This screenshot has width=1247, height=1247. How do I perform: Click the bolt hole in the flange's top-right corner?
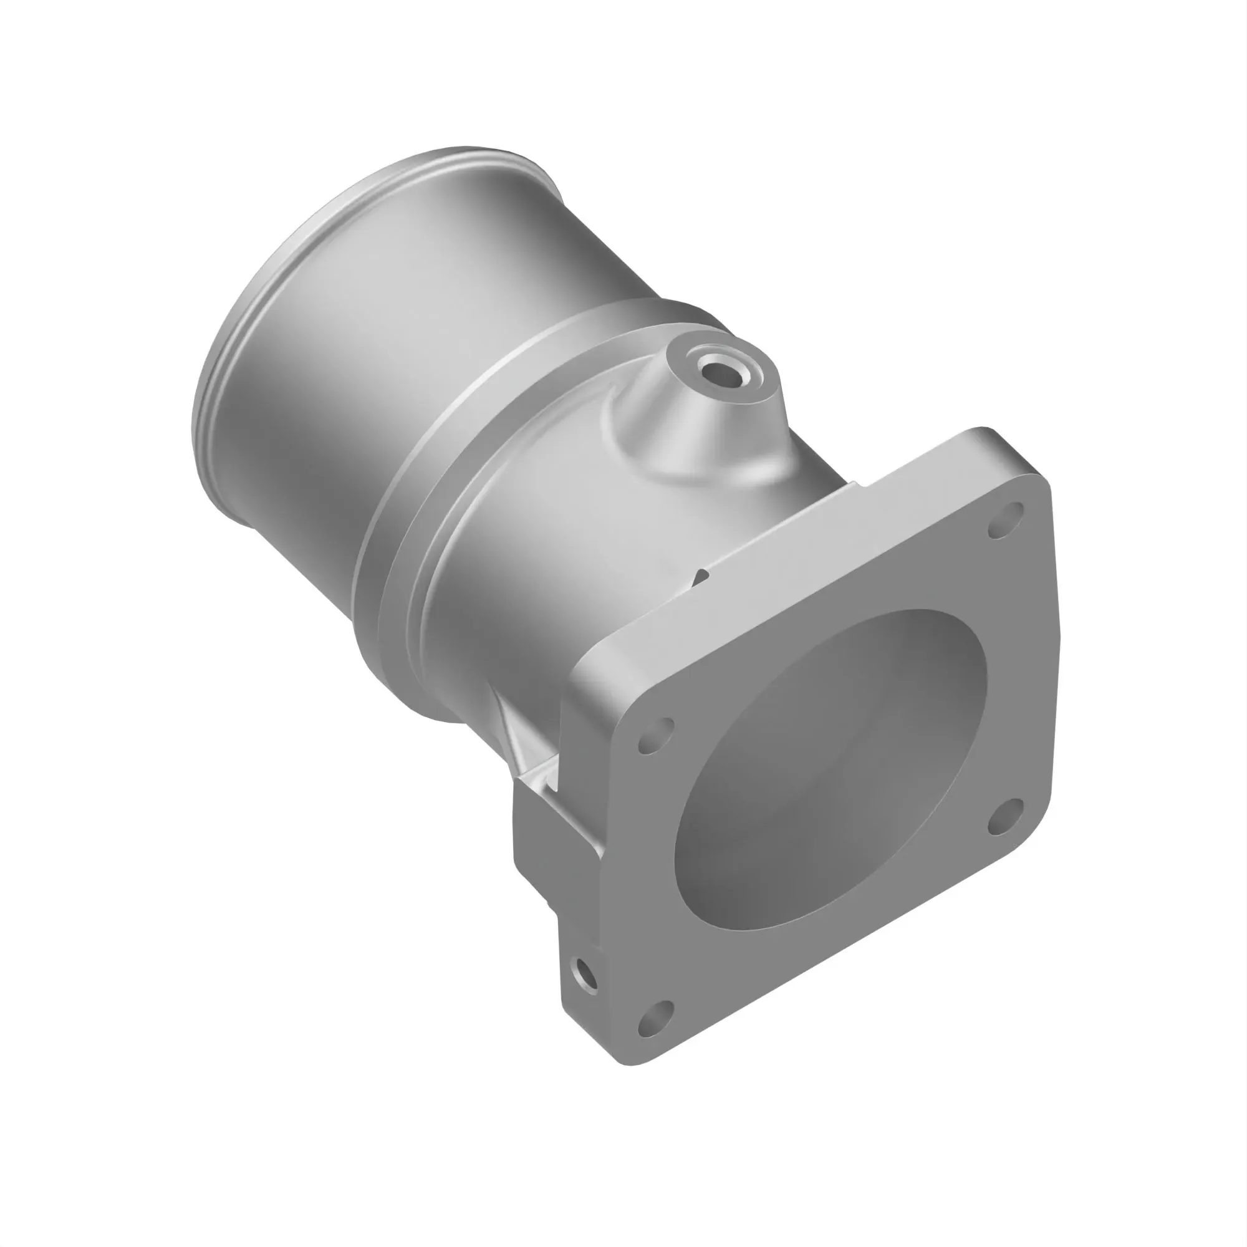pos(1006,520)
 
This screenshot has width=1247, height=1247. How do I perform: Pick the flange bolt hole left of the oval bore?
pos(656,734)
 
